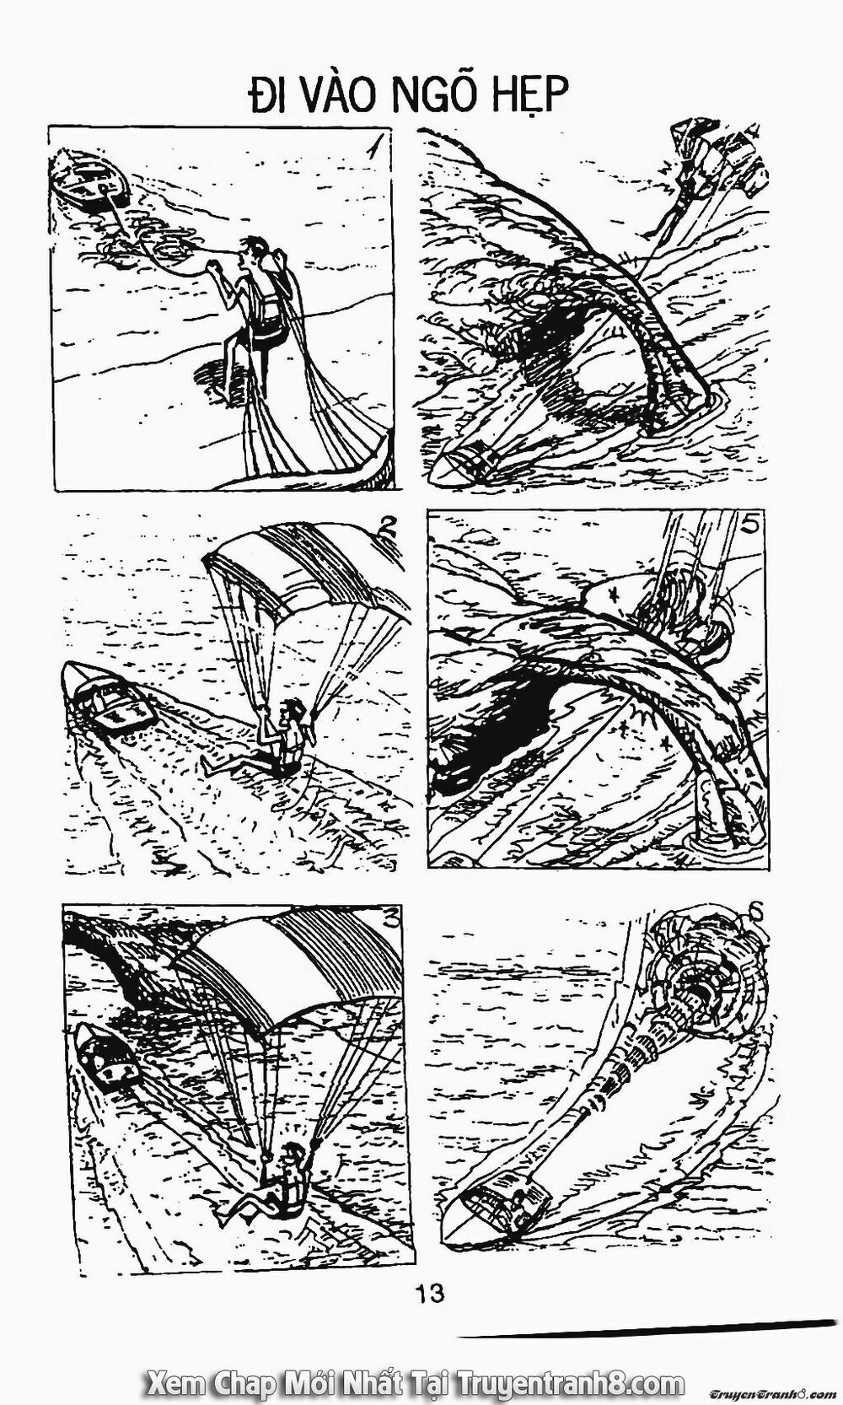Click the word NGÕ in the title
(x=447, y=96)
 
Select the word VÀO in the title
(x=340, y=96)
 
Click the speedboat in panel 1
(x=90, y=184)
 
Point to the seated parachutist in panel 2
(x=287, y=736)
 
